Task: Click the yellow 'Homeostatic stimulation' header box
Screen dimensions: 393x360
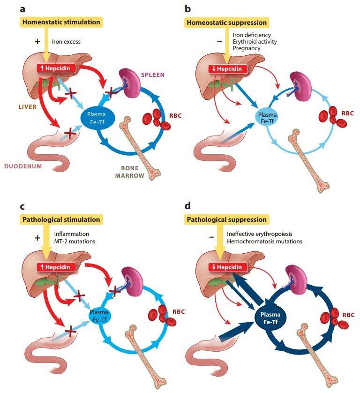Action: (60, 22)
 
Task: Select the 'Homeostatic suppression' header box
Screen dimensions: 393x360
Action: (226, 22)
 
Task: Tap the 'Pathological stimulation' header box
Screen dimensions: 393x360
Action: (60, 219)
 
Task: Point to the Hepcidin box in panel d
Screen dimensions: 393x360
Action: (227, 266)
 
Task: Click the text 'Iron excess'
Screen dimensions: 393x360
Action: (66, 41)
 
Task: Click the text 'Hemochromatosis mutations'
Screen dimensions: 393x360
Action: (264, 242)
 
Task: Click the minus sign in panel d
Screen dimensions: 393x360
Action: (211, 237)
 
